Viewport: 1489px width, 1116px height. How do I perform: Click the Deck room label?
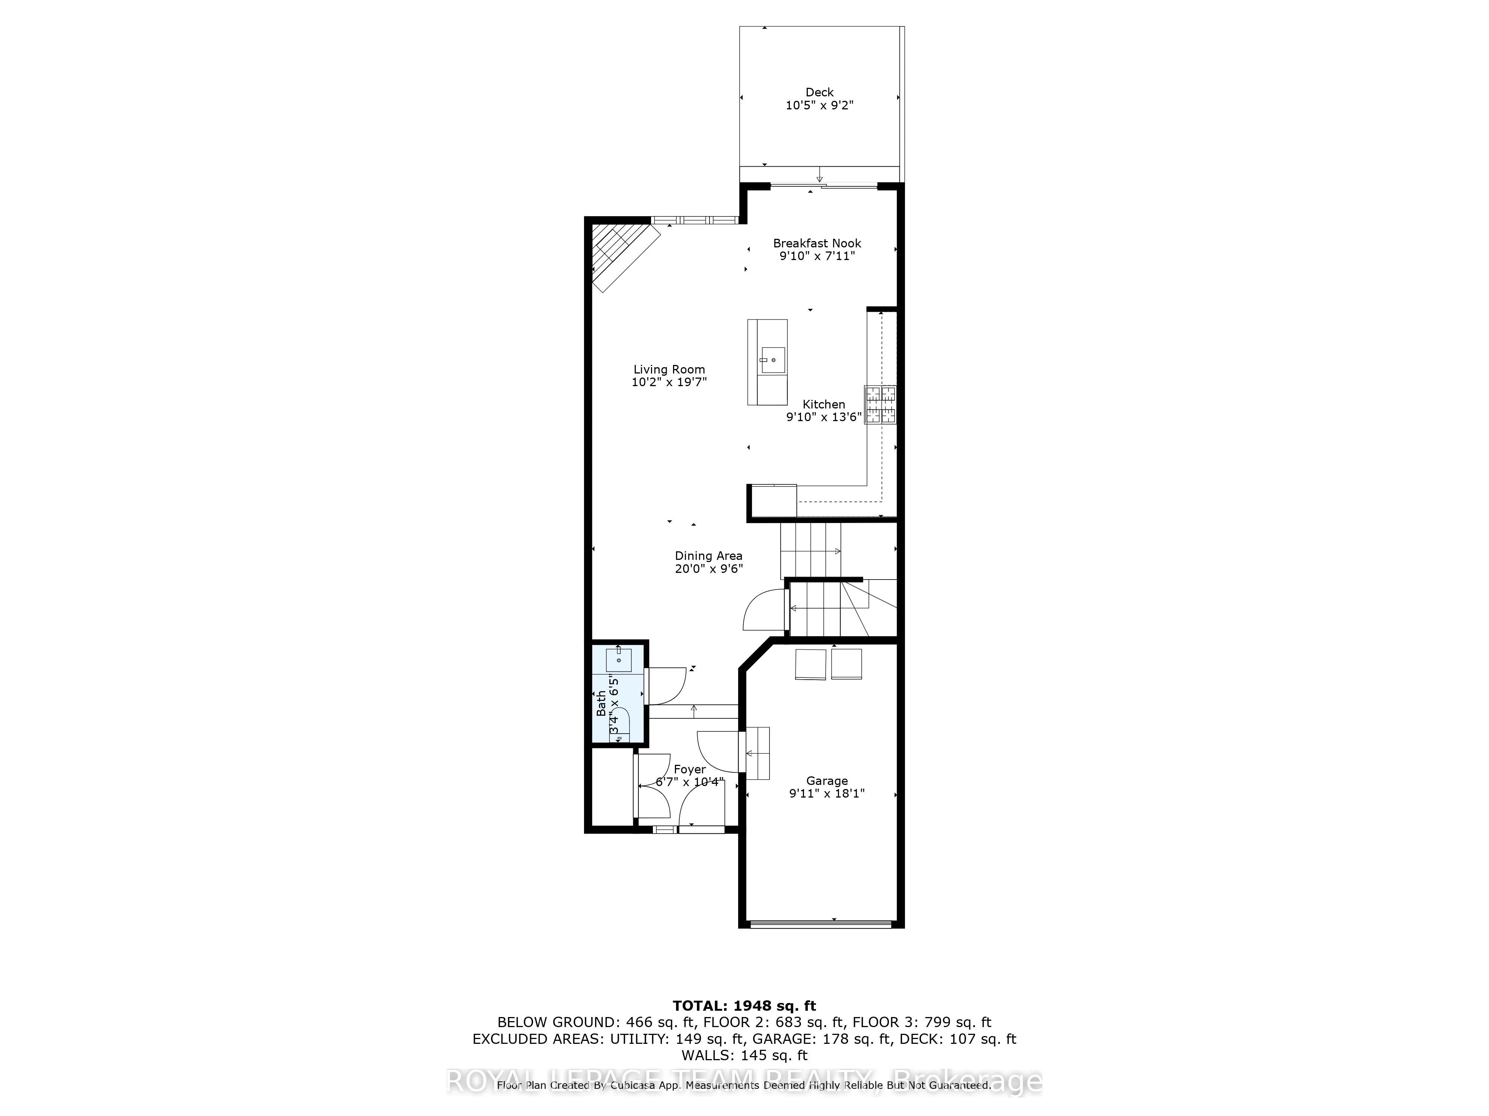[x=819, y=92]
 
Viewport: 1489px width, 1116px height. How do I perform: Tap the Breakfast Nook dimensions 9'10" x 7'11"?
[x=817, y=256]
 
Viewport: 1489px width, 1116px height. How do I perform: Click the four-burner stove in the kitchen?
[x=880, y=404]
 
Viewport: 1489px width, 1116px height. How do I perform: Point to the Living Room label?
[x=669, y=369]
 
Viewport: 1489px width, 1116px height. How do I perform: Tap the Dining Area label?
[x=708, y=556]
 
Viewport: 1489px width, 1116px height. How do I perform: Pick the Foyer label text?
[x=689, y=769]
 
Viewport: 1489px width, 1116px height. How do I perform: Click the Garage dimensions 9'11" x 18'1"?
[x=827, y=793]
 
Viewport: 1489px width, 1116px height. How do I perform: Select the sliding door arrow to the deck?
[x=819, y=176]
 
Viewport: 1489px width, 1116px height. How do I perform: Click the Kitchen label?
[x=823, y=404]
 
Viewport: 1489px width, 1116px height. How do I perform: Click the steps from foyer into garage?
[x=757, y=753]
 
